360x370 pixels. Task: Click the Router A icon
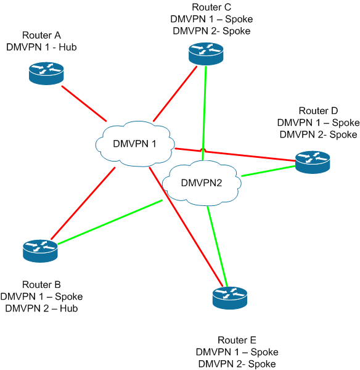pyautogui.click(x=46, y=73)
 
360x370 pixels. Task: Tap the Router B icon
pyautogui.click(x=40, y=251)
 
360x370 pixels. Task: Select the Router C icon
pyautogui.click(x=206, y=54)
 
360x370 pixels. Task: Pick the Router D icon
pyautogui.click(x=313, y=162)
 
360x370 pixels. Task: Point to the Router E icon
pyautogui.click(x=230, y=298)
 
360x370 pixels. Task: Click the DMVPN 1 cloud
pyautogui.click(x=135, y=144)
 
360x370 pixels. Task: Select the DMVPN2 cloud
pyautogui.click(x=202, y=183)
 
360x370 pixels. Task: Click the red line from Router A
pyautogui.click(x=84, y=104)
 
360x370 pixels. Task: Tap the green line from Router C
pyautogui.click(x=204, y=113)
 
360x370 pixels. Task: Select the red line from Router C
pyautogui.click(x=175, y=94)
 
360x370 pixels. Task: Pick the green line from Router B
pyautogui.click(x=110, y=222)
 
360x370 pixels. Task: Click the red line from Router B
pyautogui.click(x=83, y=203)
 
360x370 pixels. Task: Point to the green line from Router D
pyautogui.click(x=269, y=171)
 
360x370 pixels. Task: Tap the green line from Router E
pyautogui.click(x=217, y=246)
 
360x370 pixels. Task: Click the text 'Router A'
pyautogui.click(x=41, y=35)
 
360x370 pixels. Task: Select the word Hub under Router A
pyautogui.click(x=68, y=47)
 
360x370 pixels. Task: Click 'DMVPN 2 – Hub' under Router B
pyautogui.click(x=41, y=308)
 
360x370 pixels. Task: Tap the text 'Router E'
pyautogui.click(x=237, y=340)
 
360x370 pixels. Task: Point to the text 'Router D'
pyautogui.click(x=318, y=110)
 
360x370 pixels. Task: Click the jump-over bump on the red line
pyautogui.click(x=204, y=150)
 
